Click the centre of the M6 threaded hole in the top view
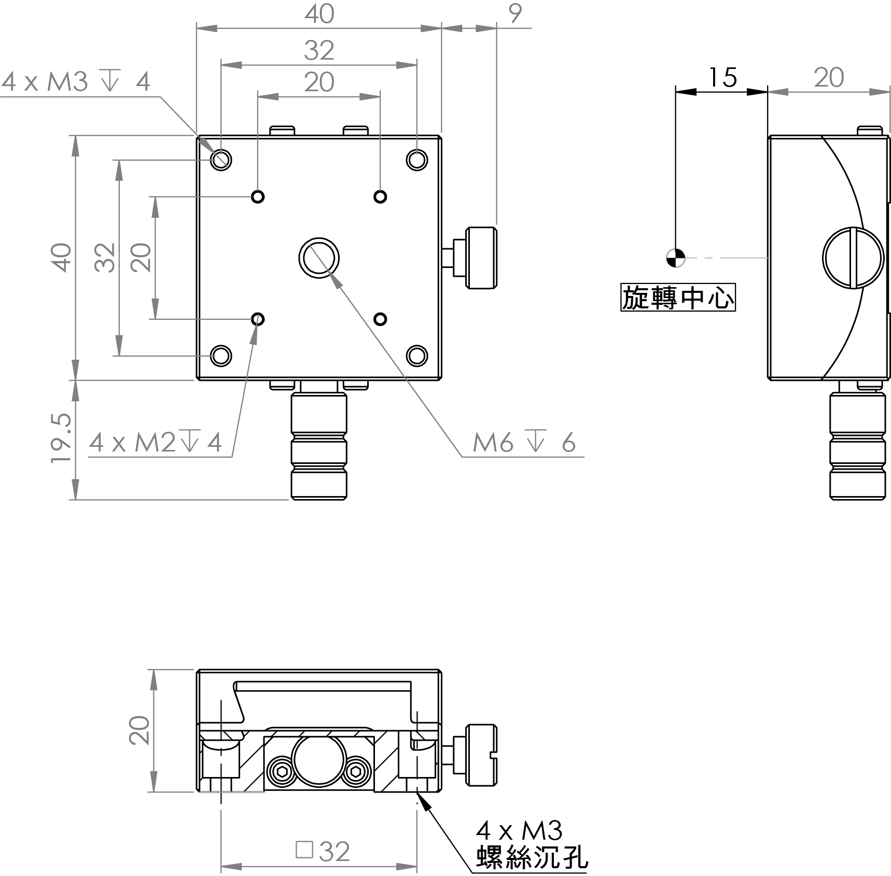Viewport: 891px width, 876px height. pos(319,258)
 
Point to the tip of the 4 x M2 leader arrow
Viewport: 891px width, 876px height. pos(256,326)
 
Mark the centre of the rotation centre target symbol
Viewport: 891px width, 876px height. pos(675,258)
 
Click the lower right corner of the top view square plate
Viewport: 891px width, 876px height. pos(441,380)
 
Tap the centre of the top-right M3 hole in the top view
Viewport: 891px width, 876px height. pos(416,160)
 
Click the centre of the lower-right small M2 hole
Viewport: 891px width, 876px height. pos(380,319)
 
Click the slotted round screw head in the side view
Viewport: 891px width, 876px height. pos(853,258)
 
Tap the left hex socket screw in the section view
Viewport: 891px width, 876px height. pos(282,772)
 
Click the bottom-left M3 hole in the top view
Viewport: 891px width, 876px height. pos(221,356)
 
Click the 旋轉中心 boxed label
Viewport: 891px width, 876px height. pos(678,298)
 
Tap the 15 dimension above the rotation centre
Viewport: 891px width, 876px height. pos(722,78)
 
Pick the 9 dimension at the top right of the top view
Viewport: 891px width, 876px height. pos(514,14)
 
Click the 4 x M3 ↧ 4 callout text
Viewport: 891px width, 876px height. pos(76,82)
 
